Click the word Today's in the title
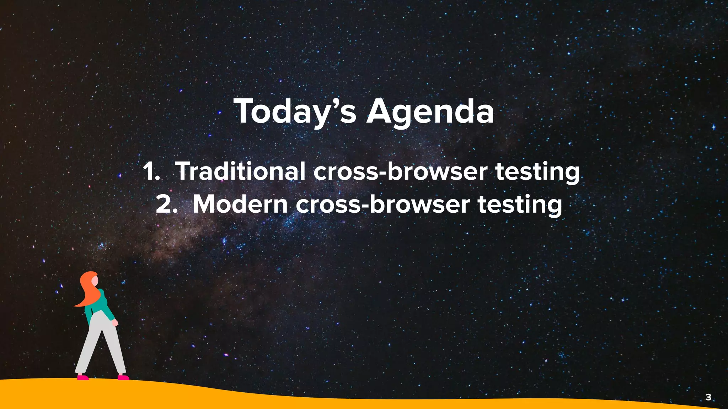294,111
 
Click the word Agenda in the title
430,111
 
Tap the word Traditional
240,171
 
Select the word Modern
240,204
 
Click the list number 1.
150,171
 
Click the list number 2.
166,205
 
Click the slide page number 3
708,397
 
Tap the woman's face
95,282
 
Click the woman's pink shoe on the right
123,377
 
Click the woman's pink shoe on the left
82,377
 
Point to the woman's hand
115,323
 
